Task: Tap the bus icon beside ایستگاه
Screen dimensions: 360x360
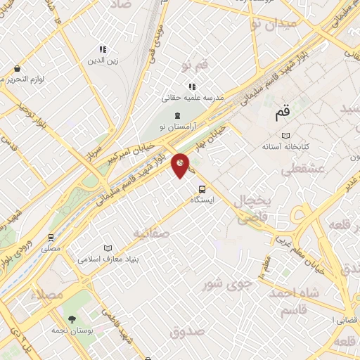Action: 202,188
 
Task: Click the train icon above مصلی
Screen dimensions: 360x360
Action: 51,238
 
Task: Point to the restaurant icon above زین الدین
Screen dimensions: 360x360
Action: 102,50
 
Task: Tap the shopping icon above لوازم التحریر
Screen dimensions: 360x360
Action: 17,68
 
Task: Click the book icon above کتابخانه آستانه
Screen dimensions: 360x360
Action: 285,135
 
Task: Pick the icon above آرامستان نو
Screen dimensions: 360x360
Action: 177,115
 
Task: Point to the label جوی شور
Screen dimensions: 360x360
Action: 227,285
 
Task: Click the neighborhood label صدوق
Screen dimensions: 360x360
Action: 186,331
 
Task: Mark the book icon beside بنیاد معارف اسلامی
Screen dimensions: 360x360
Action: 108,247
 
